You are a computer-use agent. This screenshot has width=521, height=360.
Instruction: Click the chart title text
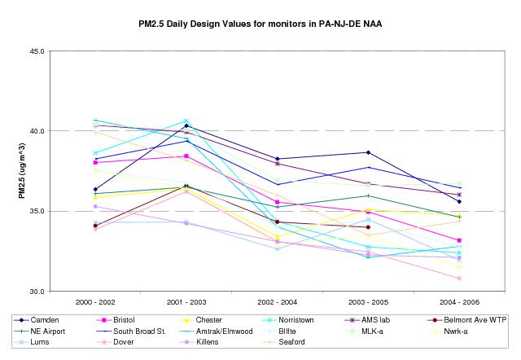point(260,24)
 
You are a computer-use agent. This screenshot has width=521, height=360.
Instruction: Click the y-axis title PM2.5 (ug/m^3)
point(22,171)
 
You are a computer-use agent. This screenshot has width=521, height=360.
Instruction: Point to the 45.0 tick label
point(35,51)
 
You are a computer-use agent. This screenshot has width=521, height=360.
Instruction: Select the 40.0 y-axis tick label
point(35,131)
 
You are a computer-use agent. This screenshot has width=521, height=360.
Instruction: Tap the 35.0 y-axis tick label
point(35,211)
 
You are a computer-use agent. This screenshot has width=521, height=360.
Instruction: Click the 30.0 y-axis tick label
point(35,291)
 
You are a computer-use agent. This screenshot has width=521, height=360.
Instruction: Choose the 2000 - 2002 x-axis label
point(95,303)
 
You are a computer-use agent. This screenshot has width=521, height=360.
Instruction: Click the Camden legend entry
point(51,320)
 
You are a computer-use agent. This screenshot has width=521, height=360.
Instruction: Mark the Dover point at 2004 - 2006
point(459,279)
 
